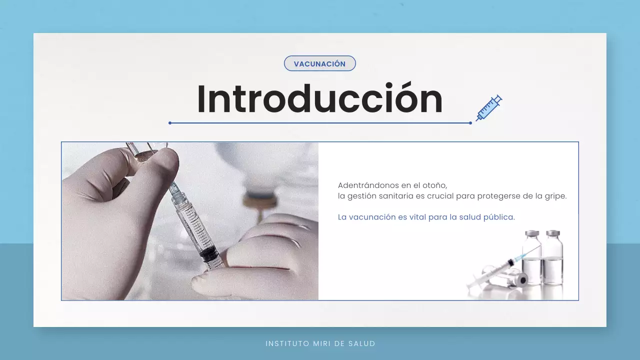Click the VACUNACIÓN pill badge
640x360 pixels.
coord(319,63)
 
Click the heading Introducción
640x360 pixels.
coord(320,98)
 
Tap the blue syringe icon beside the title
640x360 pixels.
coord(488,107)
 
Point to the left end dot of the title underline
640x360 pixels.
coord(170,122)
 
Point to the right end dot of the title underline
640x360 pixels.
coord(470,122)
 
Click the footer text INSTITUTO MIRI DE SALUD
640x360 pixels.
coord(320,343)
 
